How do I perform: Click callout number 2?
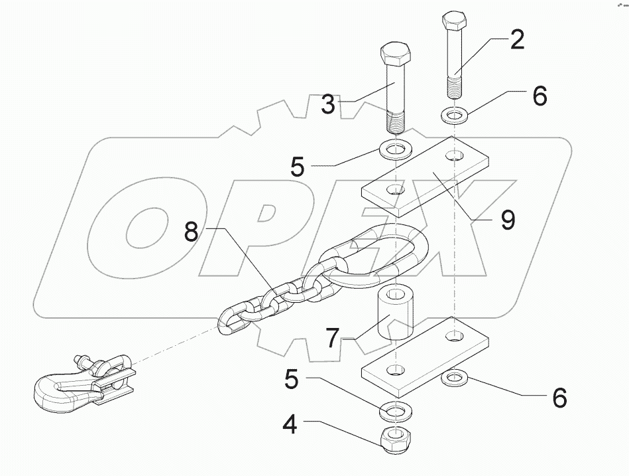516,40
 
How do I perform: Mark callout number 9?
507,218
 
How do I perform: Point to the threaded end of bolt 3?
396,121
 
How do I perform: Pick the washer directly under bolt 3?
396,148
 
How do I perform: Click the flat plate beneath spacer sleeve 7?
424,355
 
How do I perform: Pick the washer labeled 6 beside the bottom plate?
454,379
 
